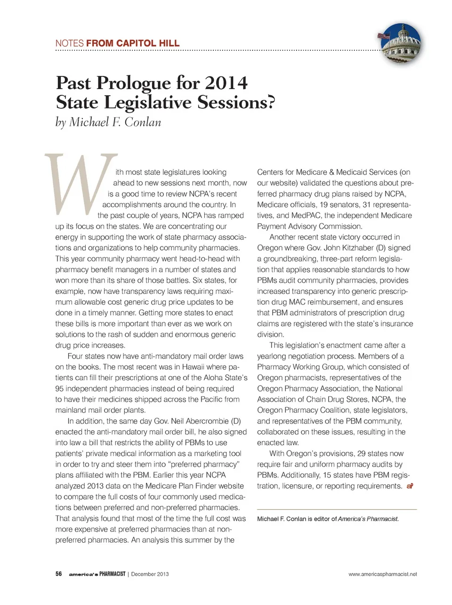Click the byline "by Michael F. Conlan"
click(x=108, y=122)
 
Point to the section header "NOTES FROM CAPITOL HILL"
click(x=117, y=43)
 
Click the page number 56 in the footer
click(x=59, y=574)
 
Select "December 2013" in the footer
click(x=150, y=574)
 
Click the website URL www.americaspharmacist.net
click(x=382, y=574)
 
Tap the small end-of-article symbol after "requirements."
click(x=410, y=486)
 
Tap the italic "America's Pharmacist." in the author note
click(x=368, y=519)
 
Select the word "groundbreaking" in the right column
click(x=290, y=259)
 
